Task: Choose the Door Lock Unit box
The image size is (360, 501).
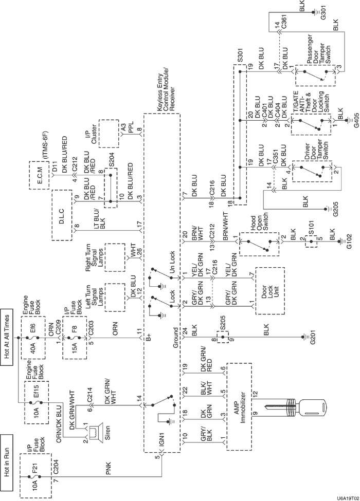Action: (x=269, y=290)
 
